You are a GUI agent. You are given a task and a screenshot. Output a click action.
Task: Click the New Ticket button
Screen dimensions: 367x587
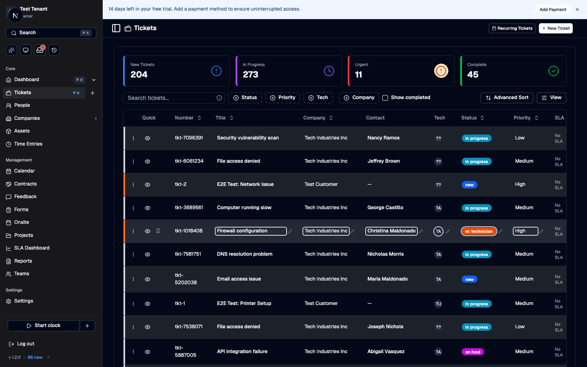tap(556, 28)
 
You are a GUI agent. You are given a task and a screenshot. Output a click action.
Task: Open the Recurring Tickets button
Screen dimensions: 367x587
tap(512, 28)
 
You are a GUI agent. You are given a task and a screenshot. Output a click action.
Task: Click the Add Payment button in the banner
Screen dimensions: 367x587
tap(552, 9)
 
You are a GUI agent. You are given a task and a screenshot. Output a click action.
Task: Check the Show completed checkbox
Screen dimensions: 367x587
tap(385, 98)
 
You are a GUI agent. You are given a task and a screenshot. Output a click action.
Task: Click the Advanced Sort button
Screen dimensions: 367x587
tap(507, 97)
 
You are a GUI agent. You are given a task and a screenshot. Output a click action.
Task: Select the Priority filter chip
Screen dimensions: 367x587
tap(282, 97)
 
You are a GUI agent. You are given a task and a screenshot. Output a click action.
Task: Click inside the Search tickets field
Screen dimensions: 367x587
tap(171, 98)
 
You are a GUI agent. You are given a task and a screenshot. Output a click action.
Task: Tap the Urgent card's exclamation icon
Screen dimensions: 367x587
tap(441, 71)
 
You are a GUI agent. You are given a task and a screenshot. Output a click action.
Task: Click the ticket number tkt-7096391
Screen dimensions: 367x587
tap(189, 138)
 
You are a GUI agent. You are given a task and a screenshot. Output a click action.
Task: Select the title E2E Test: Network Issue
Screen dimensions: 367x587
tap(245, 184)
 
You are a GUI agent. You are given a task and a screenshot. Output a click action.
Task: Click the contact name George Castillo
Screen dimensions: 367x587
tap(385, 208)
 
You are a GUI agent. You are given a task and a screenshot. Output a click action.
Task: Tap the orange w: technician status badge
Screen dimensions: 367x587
tap(479, 231)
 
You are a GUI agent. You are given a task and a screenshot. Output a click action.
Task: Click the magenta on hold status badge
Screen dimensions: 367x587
tap(472, 352)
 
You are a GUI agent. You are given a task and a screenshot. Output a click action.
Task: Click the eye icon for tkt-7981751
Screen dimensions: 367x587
tap(148, 254)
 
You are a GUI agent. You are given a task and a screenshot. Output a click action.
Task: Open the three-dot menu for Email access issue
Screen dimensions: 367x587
tap(133, 279)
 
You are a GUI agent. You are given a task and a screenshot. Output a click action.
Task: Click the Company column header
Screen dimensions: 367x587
tap(314, 118)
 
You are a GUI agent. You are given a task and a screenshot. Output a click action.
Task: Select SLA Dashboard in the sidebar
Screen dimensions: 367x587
tap(32, 248)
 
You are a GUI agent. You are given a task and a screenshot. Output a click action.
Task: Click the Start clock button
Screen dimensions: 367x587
tap(44, 325)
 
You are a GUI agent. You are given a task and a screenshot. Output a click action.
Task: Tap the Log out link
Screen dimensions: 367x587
tap(25, 344)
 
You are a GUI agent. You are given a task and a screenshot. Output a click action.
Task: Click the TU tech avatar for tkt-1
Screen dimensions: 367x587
tap(438, 304)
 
